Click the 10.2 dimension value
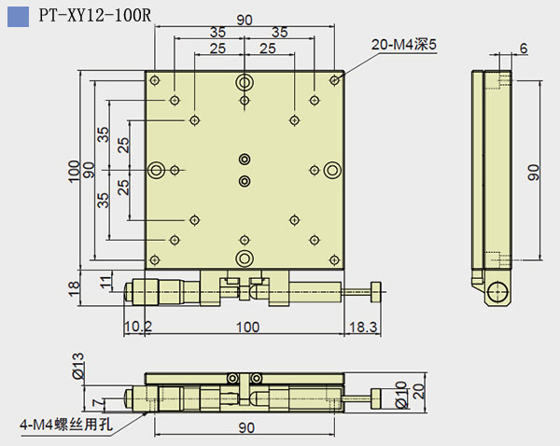click(137, 327)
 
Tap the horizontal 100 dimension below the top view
click(246, 327)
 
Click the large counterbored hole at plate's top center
click(245, 80)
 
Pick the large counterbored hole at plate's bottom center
click(245, 258)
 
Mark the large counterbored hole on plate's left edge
click(156, 169)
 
